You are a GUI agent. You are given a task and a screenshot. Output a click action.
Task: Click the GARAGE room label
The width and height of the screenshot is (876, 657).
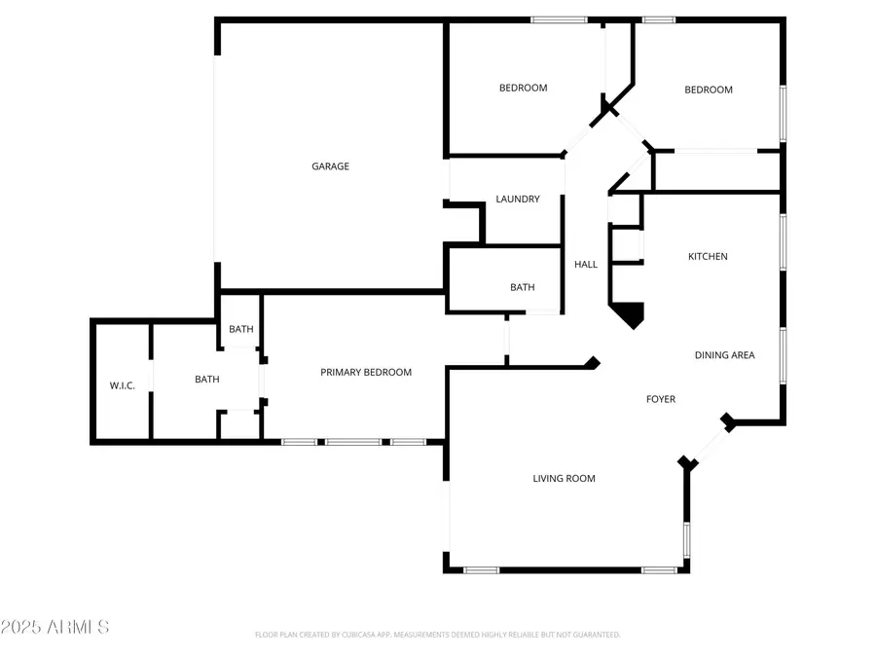[330, 166]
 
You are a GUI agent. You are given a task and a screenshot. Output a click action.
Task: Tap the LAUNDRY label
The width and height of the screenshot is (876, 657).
[518, 200]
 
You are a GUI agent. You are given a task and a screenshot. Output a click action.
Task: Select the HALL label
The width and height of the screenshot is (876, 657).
[586, 265]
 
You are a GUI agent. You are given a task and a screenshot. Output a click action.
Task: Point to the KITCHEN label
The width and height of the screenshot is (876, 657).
[708, 257]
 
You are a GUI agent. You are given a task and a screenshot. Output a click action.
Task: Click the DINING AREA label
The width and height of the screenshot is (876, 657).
[725, 355]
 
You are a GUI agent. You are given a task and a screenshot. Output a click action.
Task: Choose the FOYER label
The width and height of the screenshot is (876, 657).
[661, 399]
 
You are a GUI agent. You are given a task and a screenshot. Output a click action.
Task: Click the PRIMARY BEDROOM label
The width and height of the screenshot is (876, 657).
[366, 372]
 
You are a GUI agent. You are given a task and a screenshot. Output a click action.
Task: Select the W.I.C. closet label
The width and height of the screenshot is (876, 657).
[122, 386]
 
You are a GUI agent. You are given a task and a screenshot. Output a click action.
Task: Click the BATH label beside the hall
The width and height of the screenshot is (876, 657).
[523, 287]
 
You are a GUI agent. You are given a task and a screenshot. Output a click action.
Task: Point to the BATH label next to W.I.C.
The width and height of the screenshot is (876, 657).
[206, 380]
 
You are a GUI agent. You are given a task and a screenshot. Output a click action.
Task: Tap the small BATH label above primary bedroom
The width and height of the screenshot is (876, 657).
[241, 329]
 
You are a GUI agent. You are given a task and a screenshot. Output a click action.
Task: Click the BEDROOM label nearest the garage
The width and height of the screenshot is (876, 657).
[523, 88]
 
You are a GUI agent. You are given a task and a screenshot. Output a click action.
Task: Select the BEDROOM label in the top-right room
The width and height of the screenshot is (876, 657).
[708, 90]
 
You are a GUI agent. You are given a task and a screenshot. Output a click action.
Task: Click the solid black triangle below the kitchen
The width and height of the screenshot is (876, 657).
[629, 313]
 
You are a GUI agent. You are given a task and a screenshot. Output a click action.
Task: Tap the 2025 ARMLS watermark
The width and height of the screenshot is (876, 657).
[55, 627]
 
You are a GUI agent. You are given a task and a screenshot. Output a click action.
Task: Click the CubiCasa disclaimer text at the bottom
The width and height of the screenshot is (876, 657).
[437, 635]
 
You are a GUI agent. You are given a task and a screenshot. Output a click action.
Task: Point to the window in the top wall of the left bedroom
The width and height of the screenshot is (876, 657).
[559, 19]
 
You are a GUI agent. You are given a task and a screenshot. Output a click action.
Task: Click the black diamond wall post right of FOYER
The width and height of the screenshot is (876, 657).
[727, 420]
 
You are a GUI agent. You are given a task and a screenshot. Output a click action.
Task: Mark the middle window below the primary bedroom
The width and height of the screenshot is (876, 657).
[353, 442]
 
